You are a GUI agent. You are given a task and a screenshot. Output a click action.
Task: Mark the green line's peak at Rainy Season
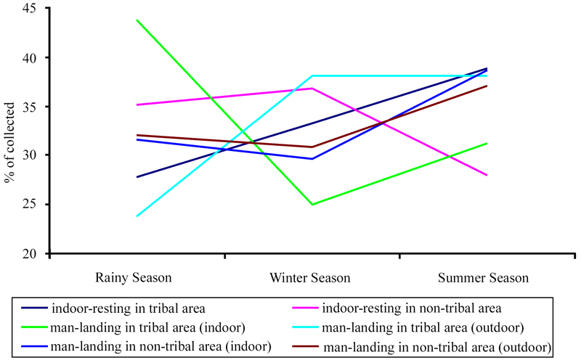(x=137, y=20)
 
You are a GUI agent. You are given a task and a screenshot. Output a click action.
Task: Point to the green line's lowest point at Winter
(x=312, y=205)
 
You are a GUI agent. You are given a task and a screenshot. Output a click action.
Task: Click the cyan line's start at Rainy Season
(x=137, y=216)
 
